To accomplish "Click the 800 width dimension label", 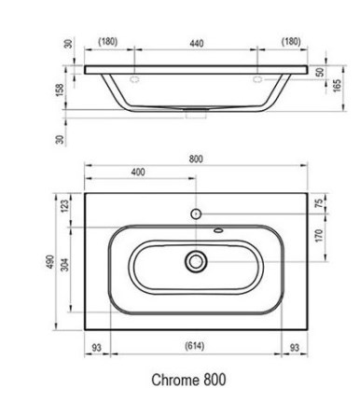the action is click(196, 159).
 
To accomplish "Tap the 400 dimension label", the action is click(138, 172).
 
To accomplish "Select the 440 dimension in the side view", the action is click(197, 43).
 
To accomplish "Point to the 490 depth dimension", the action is click(50, 262).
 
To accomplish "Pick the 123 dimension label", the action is click(64, 206).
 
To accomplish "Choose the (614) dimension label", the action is click(195, 345).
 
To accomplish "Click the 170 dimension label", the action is click(319, 236).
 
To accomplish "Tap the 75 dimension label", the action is click(319, 203).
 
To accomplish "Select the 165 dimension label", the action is click(337, 86).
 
